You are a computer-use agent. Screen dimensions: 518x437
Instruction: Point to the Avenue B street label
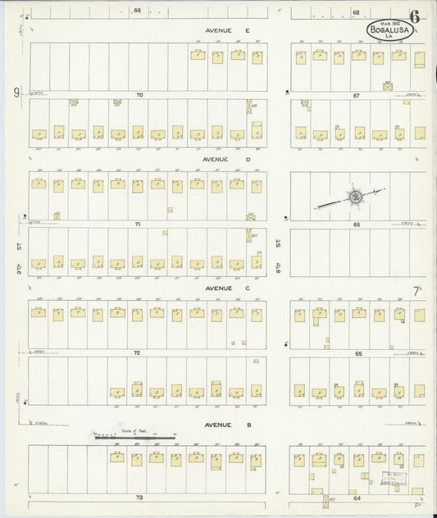click(x=216, y=425)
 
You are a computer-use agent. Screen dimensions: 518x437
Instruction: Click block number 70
click(x=139, y=95)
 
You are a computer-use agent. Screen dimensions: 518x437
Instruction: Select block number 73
click(x=139, y=498)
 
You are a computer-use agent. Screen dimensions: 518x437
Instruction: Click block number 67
click(x=357, y=95)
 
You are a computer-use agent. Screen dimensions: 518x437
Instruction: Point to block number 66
click(x=357, y=224)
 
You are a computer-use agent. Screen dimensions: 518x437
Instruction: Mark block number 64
click(x=357, y=498)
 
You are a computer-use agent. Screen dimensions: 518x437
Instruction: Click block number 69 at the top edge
click(x=137, y=11)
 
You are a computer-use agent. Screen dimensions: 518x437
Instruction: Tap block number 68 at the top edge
click(x=356, y=12)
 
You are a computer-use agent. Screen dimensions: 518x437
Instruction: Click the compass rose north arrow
click(x=354, y=197)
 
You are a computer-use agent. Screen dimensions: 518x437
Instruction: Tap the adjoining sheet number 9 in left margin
click(x=16, y=92)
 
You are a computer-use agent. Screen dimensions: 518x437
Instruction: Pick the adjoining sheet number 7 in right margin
click(x=417, y=290)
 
